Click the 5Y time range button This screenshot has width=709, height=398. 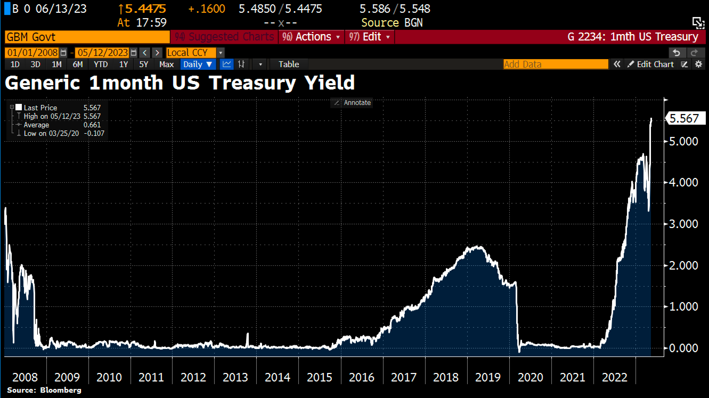tap(144, 64)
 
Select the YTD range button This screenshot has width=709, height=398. tap(101, 64)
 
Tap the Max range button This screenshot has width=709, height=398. tap(166, 64)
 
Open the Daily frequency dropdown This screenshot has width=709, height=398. tap(198, 64)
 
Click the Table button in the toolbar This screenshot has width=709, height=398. tap(289, 64)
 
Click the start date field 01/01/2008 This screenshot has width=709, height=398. tap(32, 52)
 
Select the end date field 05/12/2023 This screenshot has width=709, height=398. tap(103, 52)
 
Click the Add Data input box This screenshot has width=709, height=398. tap(555, 64)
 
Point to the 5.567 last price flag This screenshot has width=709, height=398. tap(685, 118)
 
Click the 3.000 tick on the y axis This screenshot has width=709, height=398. tap(683, 224)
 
